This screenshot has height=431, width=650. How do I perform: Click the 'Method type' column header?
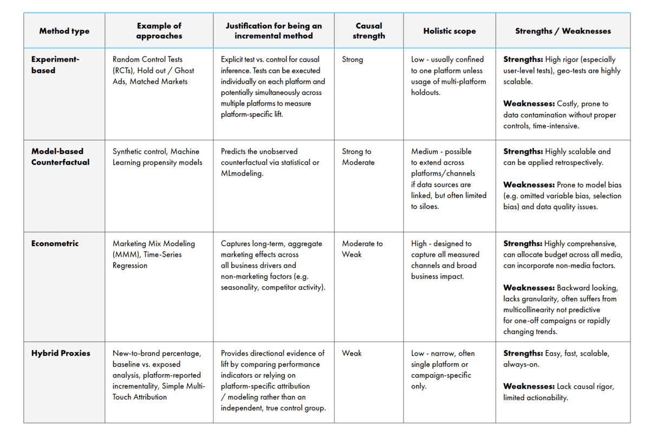point(64,31)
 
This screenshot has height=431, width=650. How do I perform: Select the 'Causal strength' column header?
point(368,31)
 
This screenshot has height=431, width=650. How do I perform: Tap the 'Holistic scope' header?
point(449,31)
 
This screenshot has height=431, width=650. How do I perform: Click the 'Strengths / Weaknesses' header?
point(563,31)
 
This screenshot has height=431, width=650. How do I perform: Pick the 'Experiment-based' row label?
point(55,65)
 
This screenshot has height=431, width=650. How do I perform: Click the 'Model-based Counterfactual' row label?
point(60,157)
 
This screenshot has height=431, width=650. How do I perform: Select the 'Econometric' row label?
point(55,243)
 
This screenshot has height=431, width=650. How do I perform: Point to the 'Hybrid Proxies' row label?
point(61,353)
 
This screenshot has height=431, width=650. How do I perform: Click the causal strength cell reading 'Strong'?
point(353,60)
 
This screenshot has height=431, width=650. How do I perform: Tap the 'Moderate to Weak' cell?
point(362,249)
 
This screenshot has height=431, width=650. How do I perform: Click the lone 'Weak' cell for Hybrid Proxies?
point(352,353)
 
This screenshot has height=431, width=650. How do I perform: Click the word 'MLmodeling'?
point(242,173)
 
